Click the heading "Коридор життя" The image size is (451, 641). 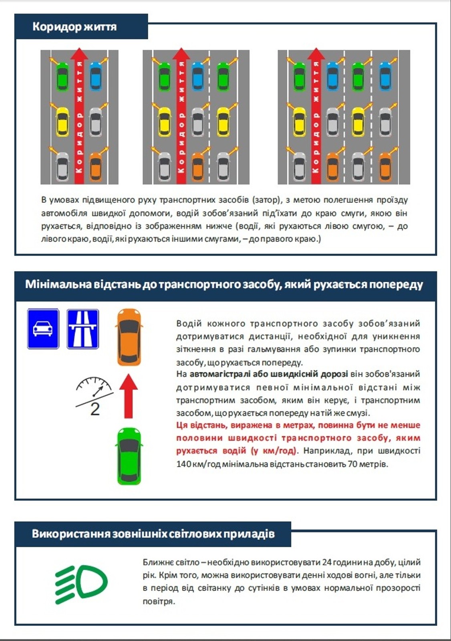tap(74, 27)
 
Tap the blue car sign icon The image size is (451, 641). tap(43, 329)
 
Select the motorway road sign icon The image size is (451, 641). tap(83, 329)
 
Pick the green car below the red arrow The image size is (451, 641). tap(129, 456)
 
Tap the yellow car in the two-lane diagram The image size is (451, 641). tap(62, 121)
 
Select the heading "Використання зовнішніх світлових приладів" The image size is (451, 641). tap(153, 534)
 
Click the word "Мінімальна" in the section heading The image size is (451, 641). tap(58, 284)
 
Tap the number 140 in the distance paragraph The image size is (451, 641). tap(183, 464)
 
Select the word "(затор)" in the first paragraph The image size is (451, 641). tap(267, 200)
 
